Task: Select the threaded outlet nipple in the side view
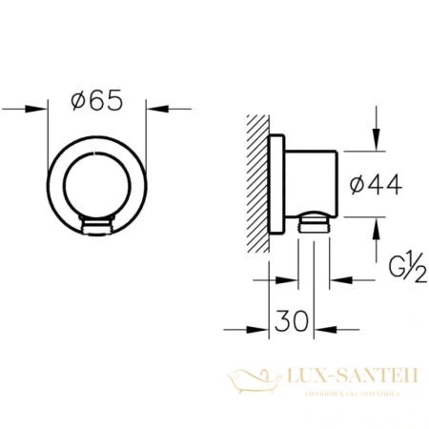(314, 225)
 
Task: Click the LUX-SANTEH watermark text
(351, 378)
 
